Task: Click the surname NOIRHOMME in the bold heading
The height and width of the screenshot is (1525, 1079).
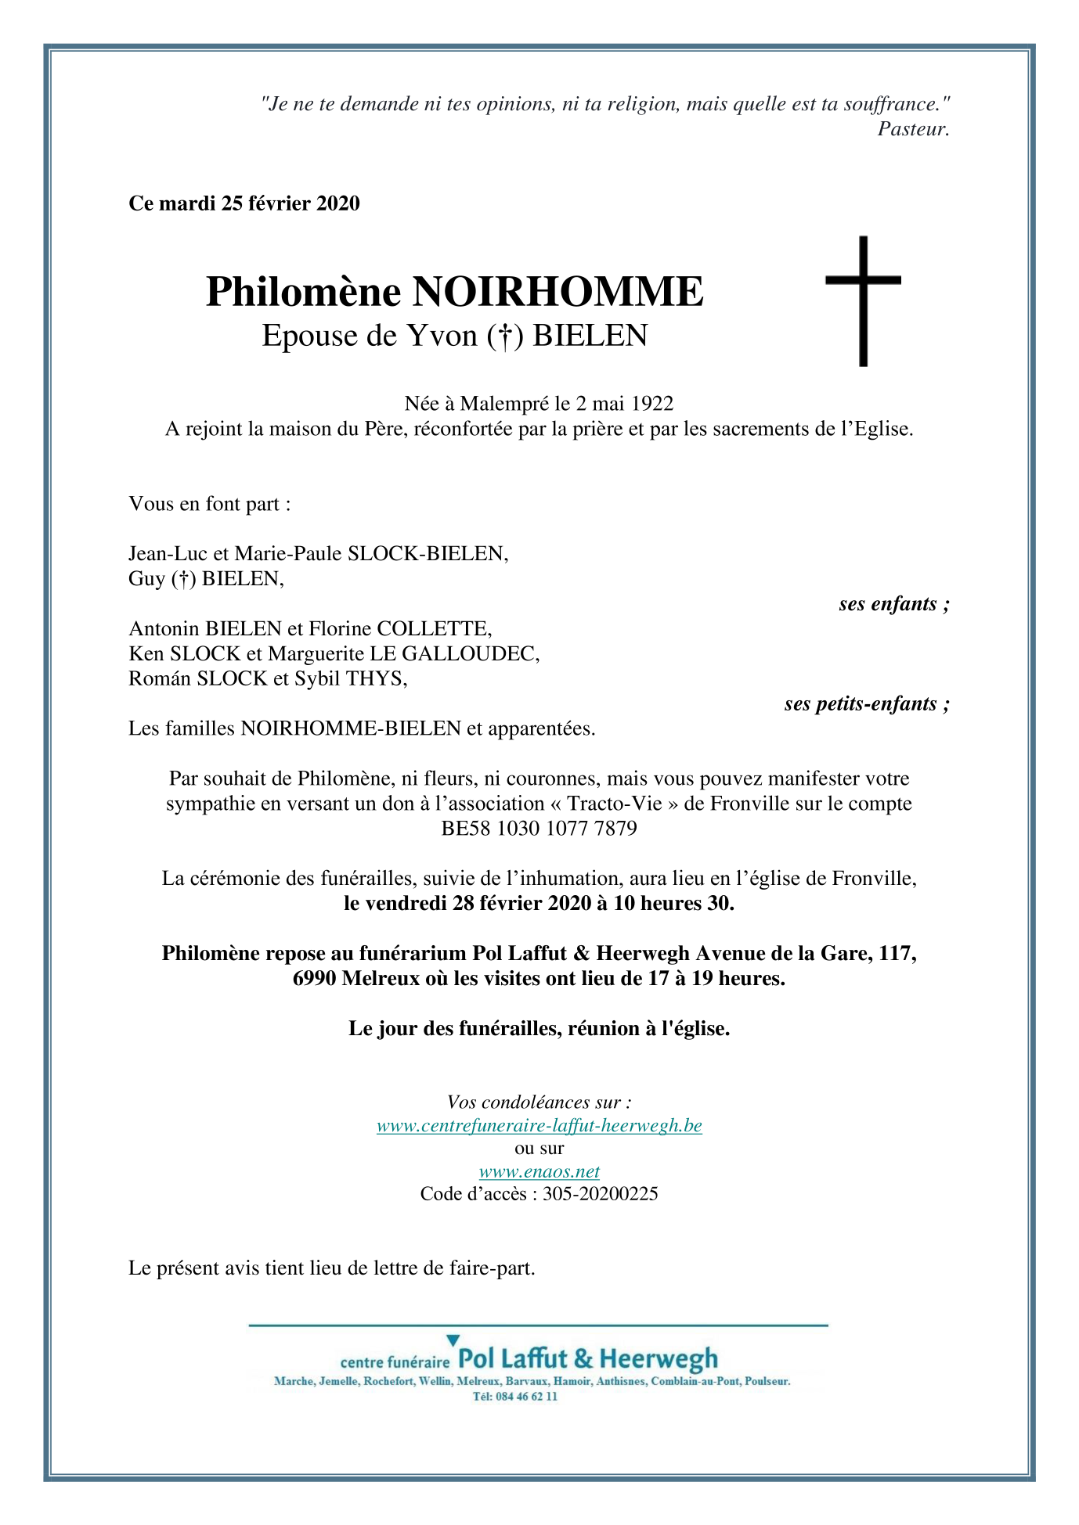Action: coord(558,292)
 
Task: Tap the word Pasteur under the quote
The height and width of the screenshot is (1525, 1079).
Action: coord(913,129)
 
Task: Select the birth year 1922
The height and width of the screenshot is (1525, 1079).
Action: coord(651,404)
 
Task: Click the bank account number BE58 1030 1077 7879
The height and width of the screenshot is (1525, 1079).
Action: coord(539,829)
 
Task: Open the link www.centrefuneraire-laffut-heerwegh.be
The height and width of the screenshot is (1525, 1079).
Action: coord(539,1126)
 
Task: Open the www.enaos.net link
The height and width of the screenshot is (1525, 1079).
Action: coord(539,1171)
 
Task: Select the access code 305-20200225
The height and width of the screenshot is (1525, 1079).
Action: coord(600,1194)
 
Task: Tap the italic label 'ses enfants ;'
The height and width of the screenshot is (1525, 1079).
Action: coord(893,604)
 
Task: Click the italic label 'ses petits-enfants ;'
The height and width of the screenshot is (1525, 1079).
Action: coord(867,704)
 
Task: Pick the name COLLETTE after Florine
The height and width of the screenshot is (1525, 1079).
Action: coord(433,629)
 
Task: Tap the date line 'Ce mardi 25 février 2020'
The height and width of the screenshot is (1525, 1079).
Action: coord(244,204)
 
